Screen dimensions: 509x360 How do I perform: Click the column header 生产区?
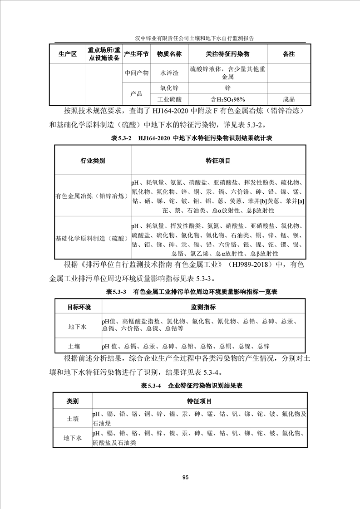click(x=68, y=54)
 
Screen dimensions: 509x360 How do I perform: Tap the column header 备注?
click(x=289, y=54)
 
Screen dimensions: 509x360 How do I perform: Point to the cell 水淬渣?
click(x=169, y=73)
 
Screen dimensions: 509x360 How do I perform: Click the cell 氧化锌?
click(x=169, y=88)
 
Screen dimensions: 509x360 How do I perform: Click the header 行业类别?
click(x=93, y=161)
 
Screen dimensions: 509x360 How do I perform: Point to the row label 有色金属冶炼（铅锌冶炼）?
click(x=93, y=195)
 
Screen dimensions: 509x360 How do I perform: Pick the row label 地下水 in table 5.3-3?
click(x=78, y=326)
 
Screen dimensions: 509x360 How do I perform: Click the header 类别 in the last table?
click(x=73, y=401)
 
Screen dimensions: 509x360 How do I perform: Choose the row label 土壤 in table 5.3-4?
click(x=73, y=419)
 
